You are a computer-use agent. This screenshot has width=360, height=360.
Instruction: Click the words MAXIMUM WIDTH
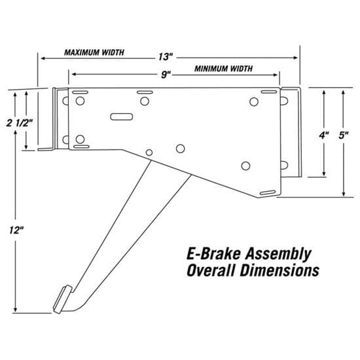tap(95, 52)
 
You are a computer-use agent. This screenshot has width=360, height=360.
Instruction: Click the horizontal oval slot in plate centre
tap(122, 117)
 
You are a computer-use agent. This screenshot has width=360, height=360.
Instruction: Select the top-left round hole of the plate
tap(80, 101)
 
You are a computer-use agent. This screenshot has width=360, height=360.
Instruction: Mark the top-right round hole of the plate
tap(254, 101)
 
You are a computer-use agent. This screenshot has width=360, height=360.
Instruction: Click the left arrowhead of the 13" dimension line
tap(42, 58)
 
